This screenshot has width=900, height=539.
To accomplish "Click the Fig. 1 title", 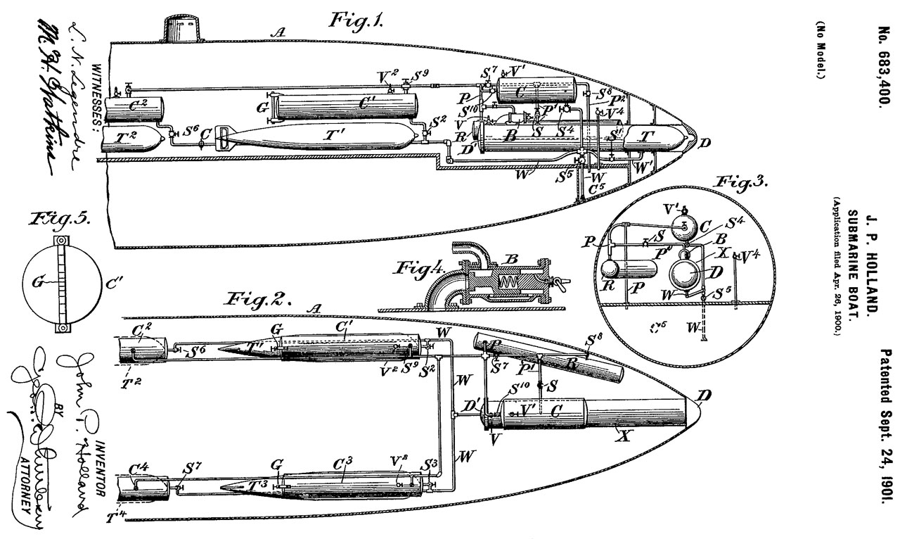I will click(356, 19).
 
